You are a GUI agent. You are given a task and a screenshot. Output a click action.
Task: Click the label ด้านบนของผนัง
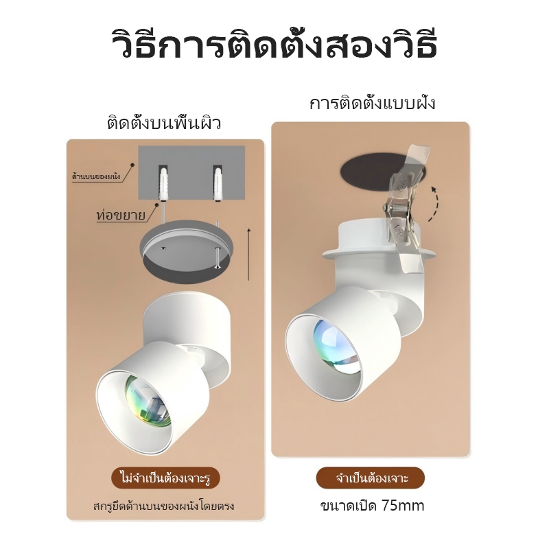tap(96, 176)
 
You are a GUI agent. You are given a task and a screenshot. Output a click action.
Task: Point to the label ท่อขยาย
tap(121, 214)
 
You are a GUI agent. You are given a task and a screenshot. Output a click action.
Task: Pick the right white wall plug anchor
tap(218, 183)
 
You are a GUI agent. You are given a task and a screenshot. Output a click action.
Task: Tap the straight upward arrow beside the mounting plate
tap(248, 254)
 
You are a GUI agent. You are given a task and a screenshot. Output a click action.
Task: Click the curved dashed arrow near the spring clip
tap(436, 204)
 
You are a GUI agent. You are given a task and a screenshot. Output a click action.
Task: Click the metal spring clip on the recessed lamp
tap(406, 210)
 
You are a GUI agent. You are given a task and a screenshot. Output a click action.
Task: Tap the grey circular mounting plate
tap(186, 247)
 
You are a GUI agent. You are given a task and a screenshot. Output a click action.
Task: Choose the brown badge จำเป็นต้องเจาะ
tap(371, 478)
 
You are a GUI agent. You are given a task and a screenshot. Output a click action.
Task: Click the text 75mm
tap(403, 506)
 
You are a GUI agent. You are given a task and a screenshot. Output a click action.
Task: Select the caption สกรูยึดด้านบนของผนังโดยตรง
tap(163, 506)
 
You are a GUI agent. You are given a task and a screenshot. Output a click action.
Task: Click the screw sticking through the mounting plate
tap(218, 258)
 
